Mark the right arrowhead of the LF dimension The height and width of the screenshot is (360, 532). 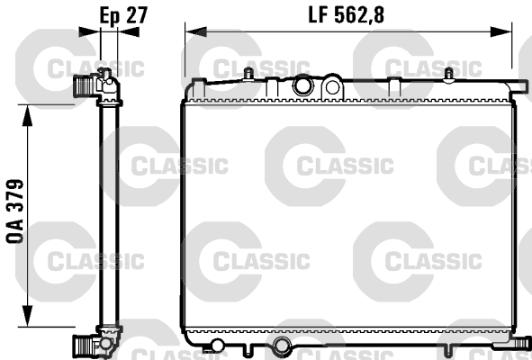click(504, 31)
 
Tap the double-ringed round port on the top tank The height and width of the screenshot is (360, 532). click(302, 86)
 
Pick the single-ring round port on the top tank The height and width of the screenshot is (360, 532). click(333, 87)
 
